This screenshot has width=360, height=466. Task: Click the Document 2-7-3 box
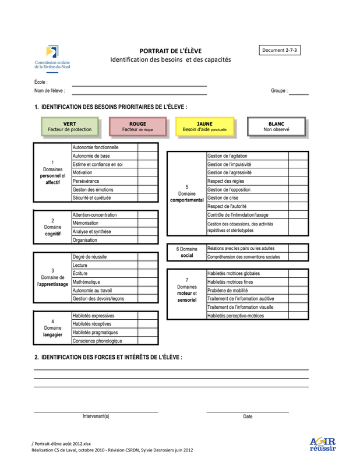pyautogui.click(x=280, y=51)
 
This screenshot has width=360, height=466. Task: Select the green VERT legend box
pyautogui.click(x=70, y=126)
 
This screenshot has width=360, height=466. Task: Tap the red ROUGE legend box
pyautogui.click(x=137, y=126)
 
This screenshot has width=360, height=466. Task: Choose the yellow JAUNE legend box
pyautogui.click(x=204, y=126)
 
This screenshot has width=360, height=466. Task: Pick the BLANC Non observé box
pyautogui.click(x=276, y=126)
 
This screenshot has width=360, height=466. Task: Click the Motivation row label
pyautogui.click(x=82, y=173)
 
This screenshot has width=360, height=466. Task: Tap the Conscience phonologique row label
pyautogui.click(x=97, y=341)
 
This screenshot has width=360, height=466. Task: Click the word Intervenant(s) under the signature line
pyautogui.click(x=96, y=416)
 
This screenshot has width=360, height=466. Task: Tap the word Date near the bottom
pyautogui.click(x=248, y=416)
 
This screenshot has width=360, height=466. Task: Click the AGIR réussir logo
pyautogui.click(x=322, y=444)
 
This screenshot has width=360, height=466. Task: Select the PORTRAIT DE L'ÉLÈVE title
pyautogui.click(x=171, y=51)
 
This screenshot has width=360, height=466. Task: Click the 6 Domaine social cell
pyautogui.click(x=186, y=252)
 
